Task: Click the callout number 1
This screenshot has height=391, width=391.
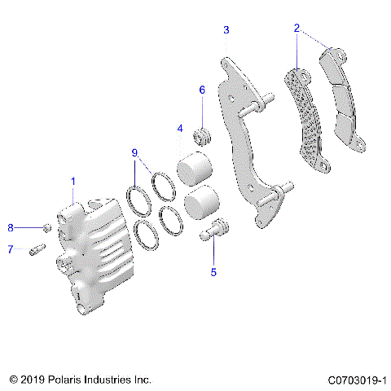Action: pos(72,180)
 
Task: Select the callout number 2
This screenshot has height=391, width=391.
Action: pos(298,29)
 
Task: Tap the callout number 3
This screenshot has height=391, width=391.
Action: pos(226,30)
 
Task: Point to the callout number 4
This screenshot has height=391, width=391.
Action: pos(179,128)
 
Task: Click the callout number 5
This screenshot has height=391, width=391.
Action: pos(213,272)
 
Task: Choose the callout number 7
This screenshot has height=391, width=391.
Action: pos(11,249)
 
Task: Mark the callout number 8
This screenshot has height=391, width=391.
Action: pos(11,227)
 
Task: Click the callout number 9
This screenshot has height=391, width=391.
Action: pos(134,152)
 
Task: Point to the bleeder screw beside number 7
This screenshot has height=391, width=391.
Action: pos(36,249)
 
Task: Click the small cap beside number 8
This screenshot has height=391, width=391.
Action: pos(46,227)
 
